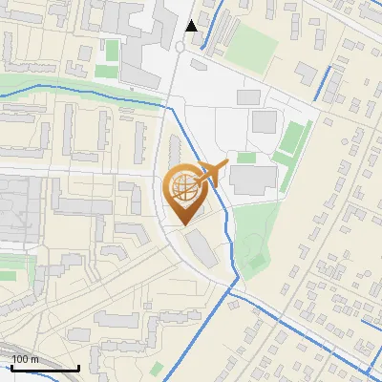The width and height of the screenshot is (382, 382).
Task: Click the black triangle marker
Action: point(192,26)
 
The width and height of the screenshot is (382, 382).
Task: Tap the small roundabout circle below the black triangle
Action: point(181,47)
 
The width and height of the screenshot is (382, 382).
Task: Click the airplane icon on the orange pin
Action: point(215,172)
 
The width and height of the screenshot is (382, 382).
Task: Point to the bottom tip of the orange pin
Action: point(181,225)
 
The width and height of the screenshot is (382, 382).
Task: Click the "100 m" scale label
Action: point(25,359)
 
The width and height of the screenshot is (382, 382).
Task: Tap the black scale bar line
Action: point(45,368)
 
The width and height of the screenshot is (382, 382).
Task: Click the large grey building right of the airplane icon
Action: point(253,178)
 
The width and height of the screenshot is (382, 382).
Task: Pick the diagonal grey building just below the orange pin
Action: point(202,248)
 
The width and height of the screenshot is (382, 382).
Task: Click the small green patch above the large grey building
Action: point(246,158)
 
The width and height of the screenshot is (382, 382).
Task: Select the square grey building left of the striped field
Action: point(264,122)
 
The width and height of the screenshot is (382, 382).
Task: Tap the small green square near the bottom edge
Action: point(157,368)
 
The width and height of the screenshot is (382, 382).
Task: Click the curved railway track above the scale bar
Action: point(29,350)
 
